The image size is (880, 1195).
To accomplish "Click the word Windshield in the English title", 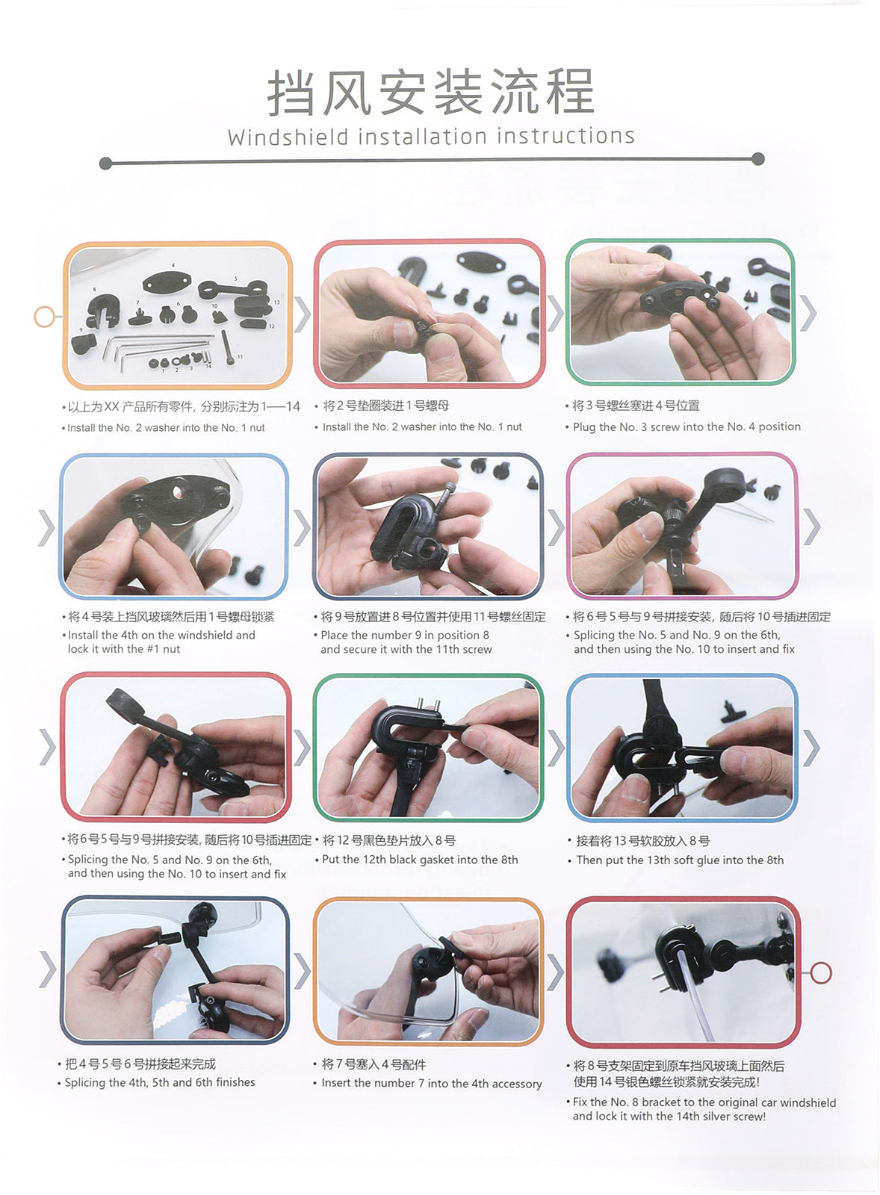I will (288, 137).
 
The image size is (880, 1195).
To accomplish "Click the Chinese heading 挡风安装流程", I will (431, 93).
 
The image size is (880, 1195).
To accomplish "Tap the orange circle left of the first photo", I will (45, 317).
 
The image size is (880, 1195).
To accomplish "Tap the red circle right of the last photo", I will (820, 972).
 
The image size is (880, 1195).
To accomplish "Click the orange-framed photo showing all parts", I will (178, 314).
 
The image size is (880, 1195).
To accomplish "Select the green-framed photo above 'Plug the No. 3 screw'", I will (681, 312).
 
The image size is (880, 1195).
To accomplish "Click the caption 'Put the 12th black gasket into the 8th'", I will (420, 860).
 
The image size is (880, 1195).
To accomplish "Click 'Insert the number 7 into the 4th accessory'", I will (432, 1083).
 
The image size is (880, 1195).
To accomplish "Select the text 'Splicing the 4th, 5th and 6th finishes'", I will (160, 1082).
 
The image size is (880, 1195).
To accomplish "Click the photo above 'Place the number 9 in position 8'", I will (428, 527).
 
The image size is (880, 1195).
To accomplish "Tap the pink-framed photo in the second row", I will (682, 527).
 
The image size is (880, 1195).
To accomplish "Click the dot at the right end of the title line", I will (757, 158).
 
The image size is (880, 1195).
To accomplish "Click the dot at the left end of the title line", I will (105, 164).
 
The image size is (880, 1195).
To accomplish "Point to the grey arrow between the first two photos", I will (302, 315).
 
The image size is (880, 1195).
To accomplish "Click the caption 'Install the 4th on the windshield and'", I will (161, 635).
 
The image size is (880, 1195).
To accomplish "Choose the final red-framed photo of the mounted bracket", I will (682, 972).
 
